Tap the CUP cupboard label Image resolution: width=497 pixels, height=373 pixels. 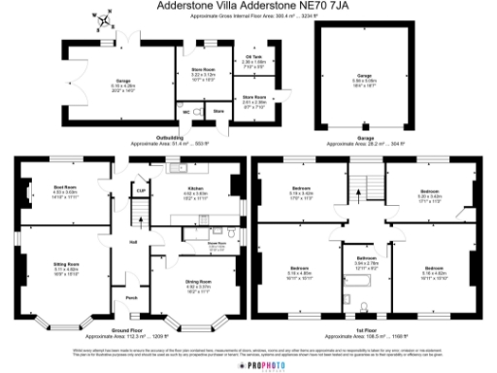point(142,190)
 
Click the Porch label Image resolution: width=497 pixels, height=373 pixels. point(132,297)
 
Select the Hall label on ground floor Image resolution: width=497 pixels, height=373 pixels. point(133,242)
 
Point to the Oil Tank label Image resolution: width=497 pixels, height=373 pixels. point(251,56)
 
